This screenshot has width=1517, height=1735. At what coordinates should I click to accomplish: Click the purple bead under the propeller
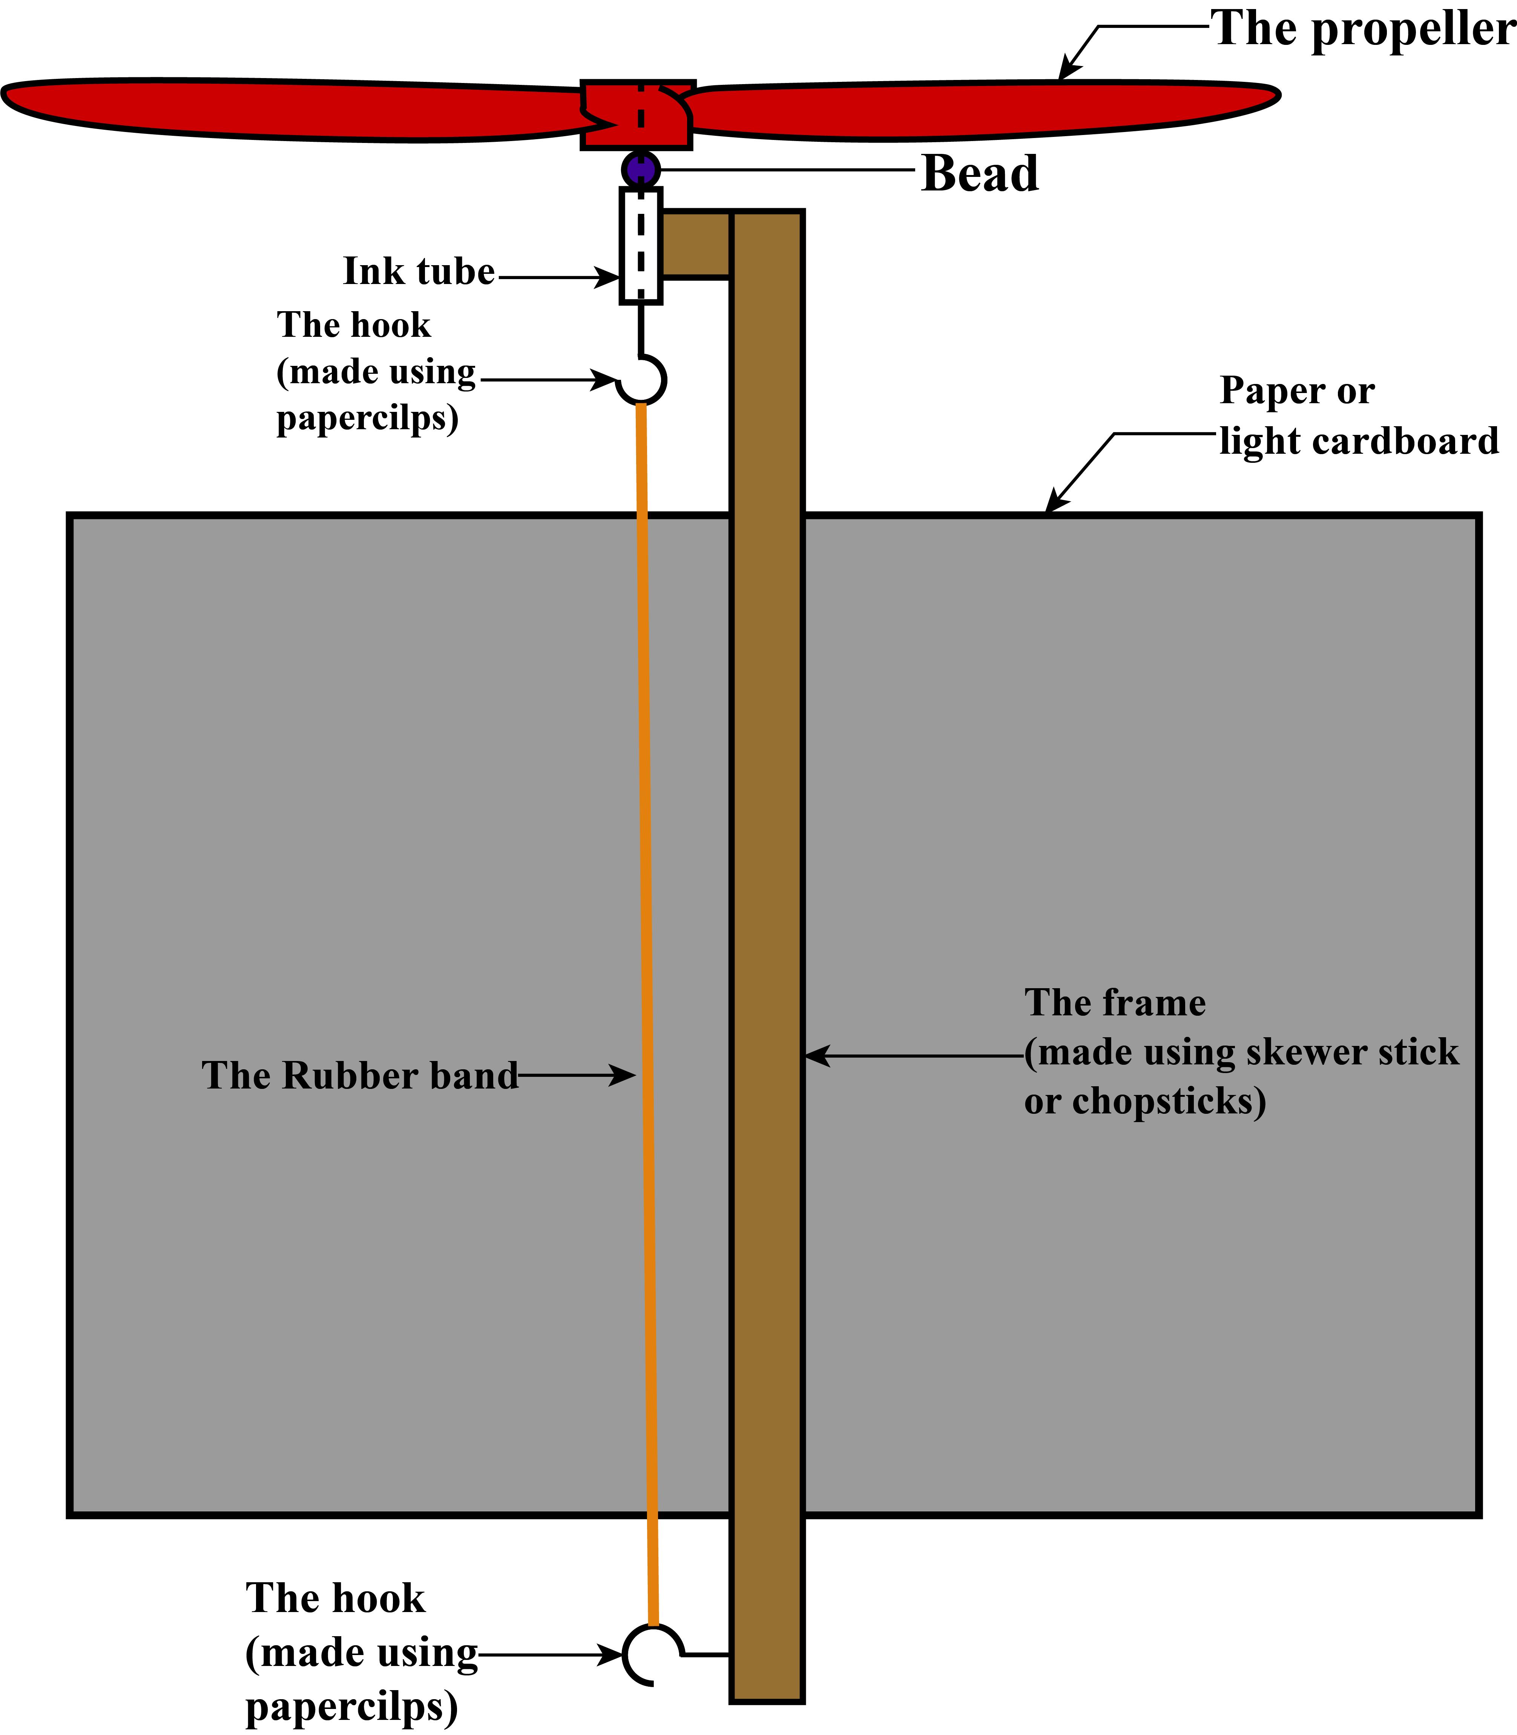(x=641, y=169)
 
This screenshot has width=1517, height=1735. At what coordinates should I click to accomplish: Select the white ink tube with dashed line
(x=641, y=246)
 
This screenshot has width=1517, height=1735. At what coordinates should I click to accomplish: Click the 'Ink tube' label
(x=418, y=272)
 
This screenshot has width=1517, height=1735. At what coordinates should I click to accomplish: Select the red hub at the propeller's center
(x=637, y=114)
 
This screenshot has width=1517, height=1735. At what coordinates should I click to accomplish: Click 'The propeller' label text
(x=1363, y=30)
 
